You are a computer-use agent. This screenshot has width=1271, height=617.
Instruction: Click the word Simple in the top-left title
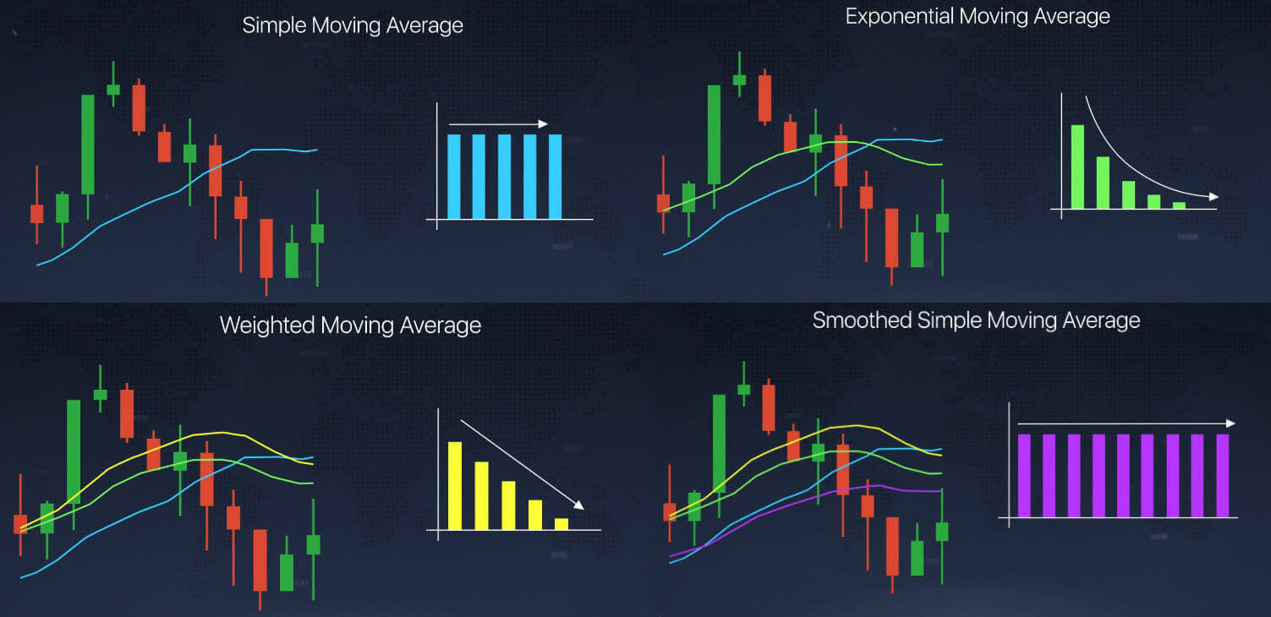tap(275, 26)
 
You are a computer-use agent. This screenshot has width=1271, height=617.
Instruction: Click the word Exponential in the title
tap(900, 16)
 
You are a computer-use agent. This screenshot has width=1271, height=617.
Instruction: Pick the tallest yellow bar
tap(455, 486)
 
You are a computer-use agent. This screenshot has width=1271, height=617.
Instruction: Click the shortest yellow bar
tap(562, 524)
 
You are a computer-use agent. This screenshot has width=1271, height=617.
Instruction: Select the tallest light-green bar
tap(1077, 167)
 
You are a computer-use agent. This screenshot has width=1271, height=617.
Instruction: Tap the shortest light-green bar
tap(1179, 205)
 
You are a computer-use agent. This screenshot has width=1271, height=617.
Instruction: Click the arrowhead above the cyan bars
tap(544, 123)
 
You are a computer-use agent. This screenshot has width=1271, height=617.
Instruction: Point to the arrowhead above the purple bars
tap(1230, 423)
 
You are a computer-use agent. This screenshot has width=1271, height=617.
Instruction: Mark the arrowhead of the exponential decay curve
tap(1213, 197)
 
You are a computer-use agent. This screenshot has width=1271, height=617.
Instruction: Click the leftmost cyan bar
tap(454, 177)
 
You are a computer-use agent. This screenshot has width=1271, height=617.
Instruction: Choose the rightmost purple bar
tap(1222, 476)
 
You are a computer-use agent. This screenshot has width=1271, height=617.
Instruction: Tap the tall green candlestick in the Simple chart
tap(87, 144)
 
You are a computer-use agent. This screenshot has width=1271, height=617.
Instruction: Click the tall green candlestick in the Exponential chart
tap(714, 134)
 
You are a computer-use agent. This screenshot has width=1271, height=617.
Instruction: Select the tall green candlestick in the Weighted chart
tap(74, 451)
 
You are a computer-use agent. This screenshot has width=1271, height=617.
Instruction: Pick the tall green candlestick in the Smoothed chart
tap(719, 444)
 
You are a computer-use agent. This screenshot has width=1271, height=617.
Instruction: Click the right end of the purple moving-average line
tap(941, 491)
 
